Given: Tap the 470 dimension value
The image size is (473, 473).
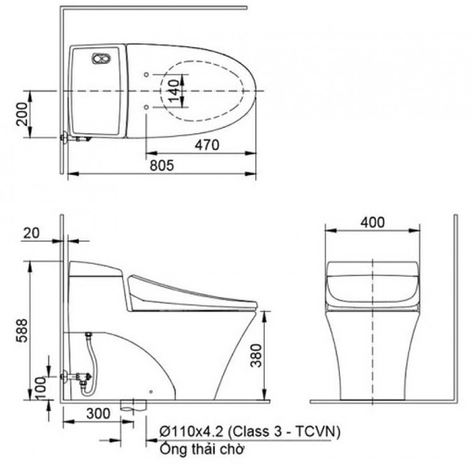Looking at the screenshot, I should (207, 145).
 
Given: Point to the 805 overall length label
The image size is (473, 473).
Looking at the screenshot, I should (160, 164).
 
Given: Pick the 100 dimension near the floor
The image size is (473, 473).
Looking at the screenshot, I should (40, 386).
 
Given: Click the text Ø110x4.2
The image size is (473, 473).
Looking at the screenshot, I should (190, 433).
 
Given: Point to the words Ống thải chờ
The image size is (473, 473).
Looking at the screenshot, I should (200, 450).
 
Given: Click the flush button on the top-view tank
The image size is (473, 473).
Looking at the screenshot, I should (100, 59).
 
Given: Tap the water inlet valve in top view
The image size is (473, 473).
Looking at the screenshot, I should (75, 138).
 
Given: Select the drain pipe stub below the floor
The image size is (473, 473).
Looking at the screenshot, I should (132, 404).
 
